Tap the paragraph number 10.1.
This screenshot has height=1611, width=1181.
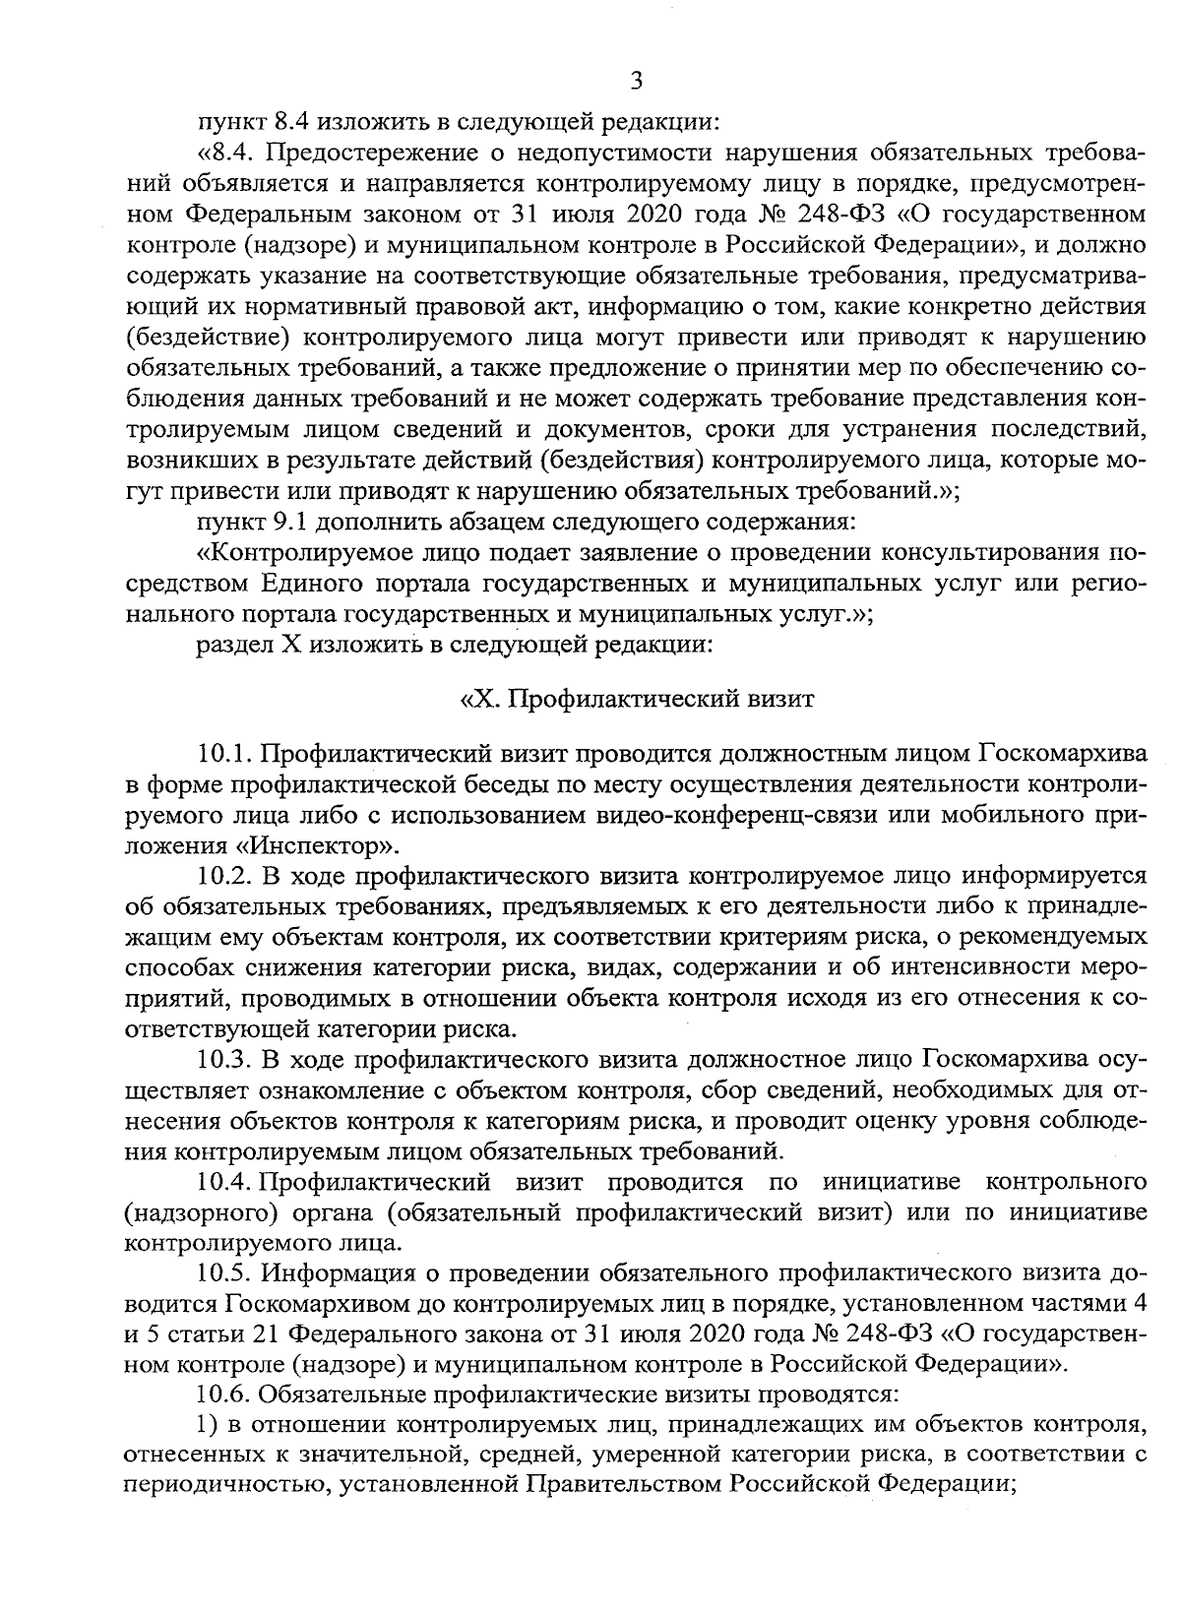tap(225, 755)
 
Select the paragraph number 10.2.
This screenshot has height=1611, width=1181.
tap(225, 874)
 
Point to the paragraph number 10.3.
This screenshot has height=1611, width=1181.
tap(225, 1059)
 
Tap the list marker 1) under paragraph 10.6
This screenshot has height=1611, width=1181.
tap(208, 1424)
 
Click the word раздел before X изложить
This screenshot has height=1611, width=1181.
tap(229, 646)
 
